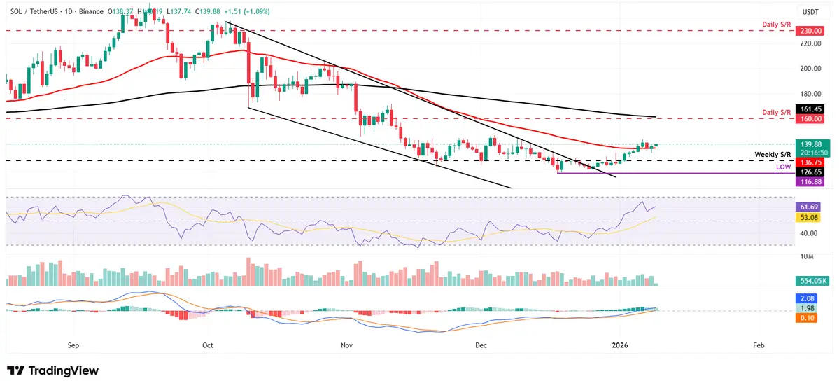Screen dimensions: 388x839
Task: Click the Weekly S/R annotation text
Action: pyautogui.click(x=773, y=154)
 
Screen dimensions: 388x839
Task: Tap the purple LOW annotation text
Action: pyautogui.click(x=783, y=167)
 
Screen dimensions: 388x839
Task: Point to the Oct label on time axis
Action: pyautogui.click(x=207, y=345)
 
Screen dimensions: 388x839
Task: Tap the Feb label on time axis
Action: pyautogui.click(x=758, y=345)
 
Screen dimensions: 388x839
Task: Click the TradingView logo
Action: pyautogui.click(x=53, y=370)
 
